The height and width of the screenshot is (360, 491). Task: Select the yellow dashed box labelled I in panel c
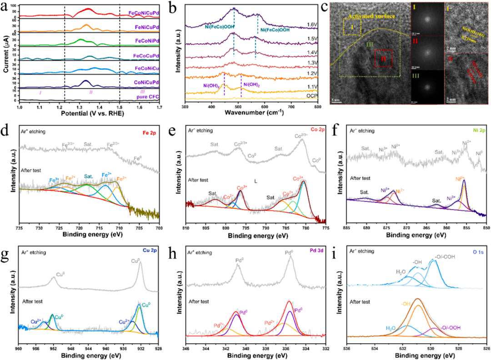351,32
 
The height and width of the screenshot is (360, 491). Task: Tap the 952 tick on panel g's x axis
54,344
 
